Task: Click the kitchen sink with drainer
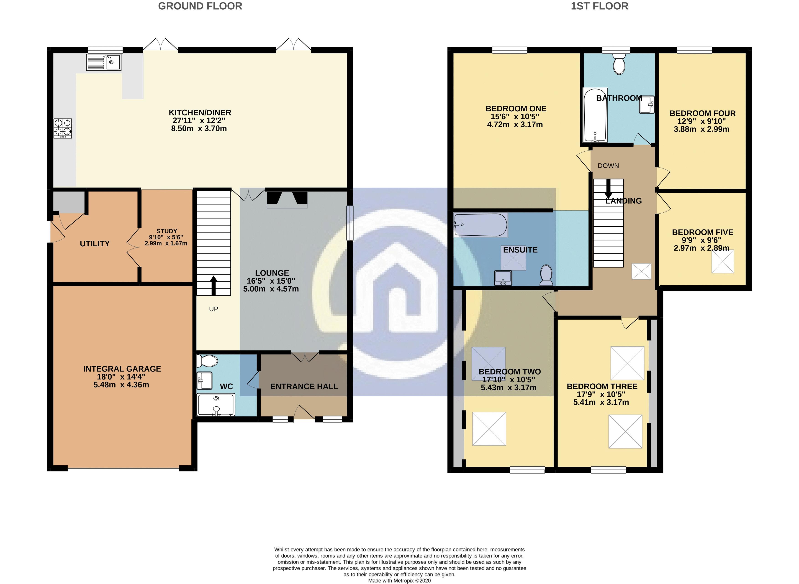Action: [104, 62]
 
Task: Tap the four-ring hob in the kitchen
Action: [63, 128]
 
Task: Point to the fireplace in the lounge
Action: [287, 199]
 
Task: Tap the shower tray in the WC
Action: [216, 405]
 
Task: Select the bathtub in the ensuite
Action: [480, 225]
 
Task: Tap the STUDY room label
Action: [167, 231]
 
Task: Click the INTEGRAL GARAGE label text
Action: [122, 369]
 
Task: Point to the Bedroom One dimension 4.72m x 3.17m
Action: [515, 125]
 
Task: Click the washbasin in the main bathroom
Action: [647, 105]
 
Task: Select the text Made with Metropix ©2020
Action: [399, 580]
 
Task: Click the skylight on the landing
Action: [641, 271]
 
